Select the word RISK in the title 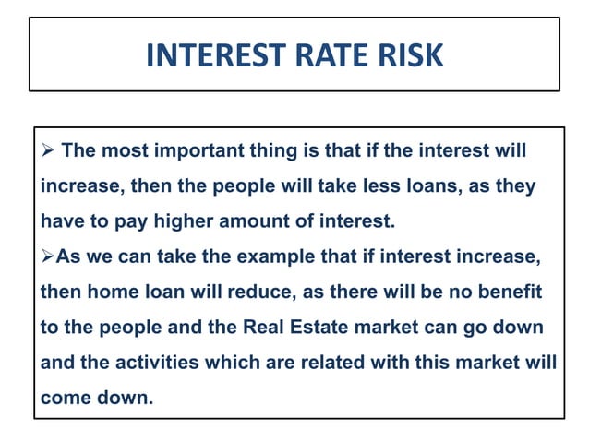coord(406,55)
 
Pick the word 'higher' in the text coord(172,221)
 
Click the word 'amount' coord(241,221)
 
